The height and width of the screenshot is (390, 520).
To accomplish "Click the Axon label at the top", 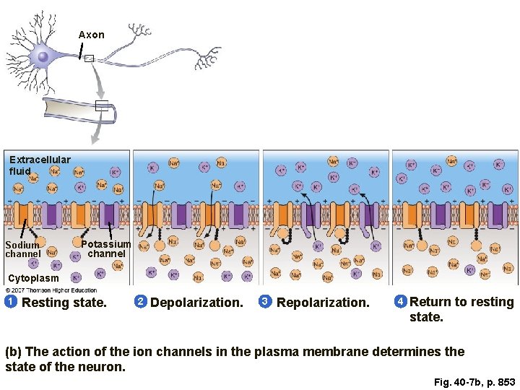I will [x=91, y=35].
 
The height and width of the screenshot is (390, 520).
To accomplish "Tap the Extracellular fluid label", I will [x=40, y=165].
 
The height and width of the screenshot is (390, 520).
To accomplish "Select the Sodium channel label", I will [x=22, y=250].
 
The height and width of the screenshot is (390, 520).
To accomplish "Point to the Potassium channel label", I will [x=106, y=249].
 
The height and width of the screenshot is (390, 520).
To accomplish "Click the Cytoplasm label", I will [x=33, y=278].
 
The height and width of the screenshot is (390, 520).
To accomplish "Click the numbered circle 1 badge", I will [x=11, y=301].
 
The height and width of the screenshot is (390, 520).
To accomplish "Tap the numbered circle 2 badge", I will [x=141, y=301].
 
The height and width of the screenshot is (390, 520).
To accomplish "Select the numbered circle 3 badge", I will [x=265, y=301].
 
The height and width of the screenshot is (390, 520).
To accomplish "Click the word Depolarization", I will [x=196, y=303].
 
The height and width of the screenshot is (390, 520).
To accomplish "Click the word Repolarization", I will [x=323, y=303].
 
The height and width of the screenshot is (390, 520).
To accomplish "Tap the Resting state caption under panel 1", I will [x=64, y=303].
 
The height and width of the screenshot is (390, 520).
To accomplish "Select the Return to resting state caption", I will [x=461, y=309].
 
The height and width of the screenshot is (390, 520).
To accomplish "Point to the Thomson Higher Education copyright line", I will [x=51, y=290].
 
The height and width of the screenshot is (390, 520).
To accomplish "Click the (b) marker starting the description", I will [x=14, y=352].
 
